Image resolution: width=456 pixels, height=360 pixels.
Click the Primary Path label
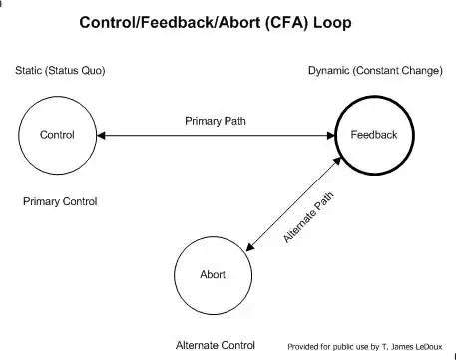(x=216, y=121)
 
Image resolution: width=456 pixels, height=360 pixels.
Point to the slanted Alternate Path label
(x=308, y=217)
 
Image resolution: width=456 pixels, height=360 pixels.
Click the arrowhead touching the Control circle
(x=101, y=136)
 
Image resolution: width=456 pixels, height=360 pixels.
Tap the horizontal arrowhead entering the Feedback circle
(x=331, y=136)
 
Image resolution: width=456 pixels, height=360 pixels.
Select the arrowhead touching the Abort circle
(x=250, y=247)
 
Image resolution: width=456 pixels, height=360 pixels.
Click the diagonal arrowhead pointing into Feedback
(x=337, y=161)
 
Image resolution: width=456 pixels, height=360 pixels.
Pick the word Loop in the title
(x=332, y=23)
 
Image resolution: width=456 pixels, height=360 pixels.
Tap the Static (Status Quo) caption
(x=60, y=71)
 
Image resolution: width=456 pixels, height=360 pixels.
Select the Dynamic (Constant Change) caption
(x=375, y=71)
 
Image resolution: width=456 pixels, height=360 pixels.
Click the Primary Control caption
(x=60, y=201)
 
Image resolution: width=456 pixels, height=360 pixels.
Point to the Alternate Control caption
(x=216, y=346)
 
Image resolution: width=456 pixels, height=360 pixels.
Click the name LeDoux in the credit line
(x=429, y=347)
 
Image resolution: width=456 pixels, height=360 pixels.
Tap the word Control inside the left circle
(x=57, y=135)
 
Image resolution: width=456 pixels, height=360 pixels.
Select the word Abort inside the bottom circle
(x=213, y=274)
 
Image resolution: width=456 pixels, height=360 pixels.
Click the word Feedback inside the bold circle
(x=374, y=135)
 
